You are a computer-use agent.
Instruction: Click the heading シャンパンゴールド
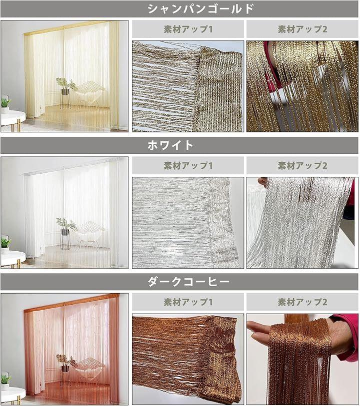pyautogui.click(x=201, y=9)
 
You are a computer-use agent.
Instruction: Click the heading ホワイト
pyautogui.click(x=170, y=145)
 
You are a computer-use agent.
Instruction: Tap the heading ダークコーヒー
pyautogui.click(x=188, y=282)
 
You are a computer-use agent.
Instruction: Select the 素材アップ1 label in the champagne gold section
pyautogui.click(x=188, y=29)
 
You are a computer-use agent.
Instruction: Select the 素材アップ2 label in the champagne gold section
pyautogui.click(x=302, y=29)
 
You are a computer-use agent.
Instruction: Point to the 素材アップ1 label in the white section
pyautogui.click(x=188, y=165)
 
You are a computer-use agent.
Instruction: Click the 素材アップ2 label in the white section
pyautogui.click(x=302, y=165)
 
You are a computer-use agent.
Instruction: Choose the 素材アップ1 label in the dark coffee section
pyautogui.click(x=188, y=302)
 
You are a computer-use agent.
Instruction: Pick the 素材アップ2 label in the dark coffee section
pyautogui.click(x=302, y=302)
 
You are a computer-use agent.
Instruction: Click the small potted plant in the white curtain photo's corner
pyautogui.click(x=5, y=245)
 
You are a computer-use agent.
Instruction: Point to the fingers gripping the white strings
pyautogui.click(x=263, y=182)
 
